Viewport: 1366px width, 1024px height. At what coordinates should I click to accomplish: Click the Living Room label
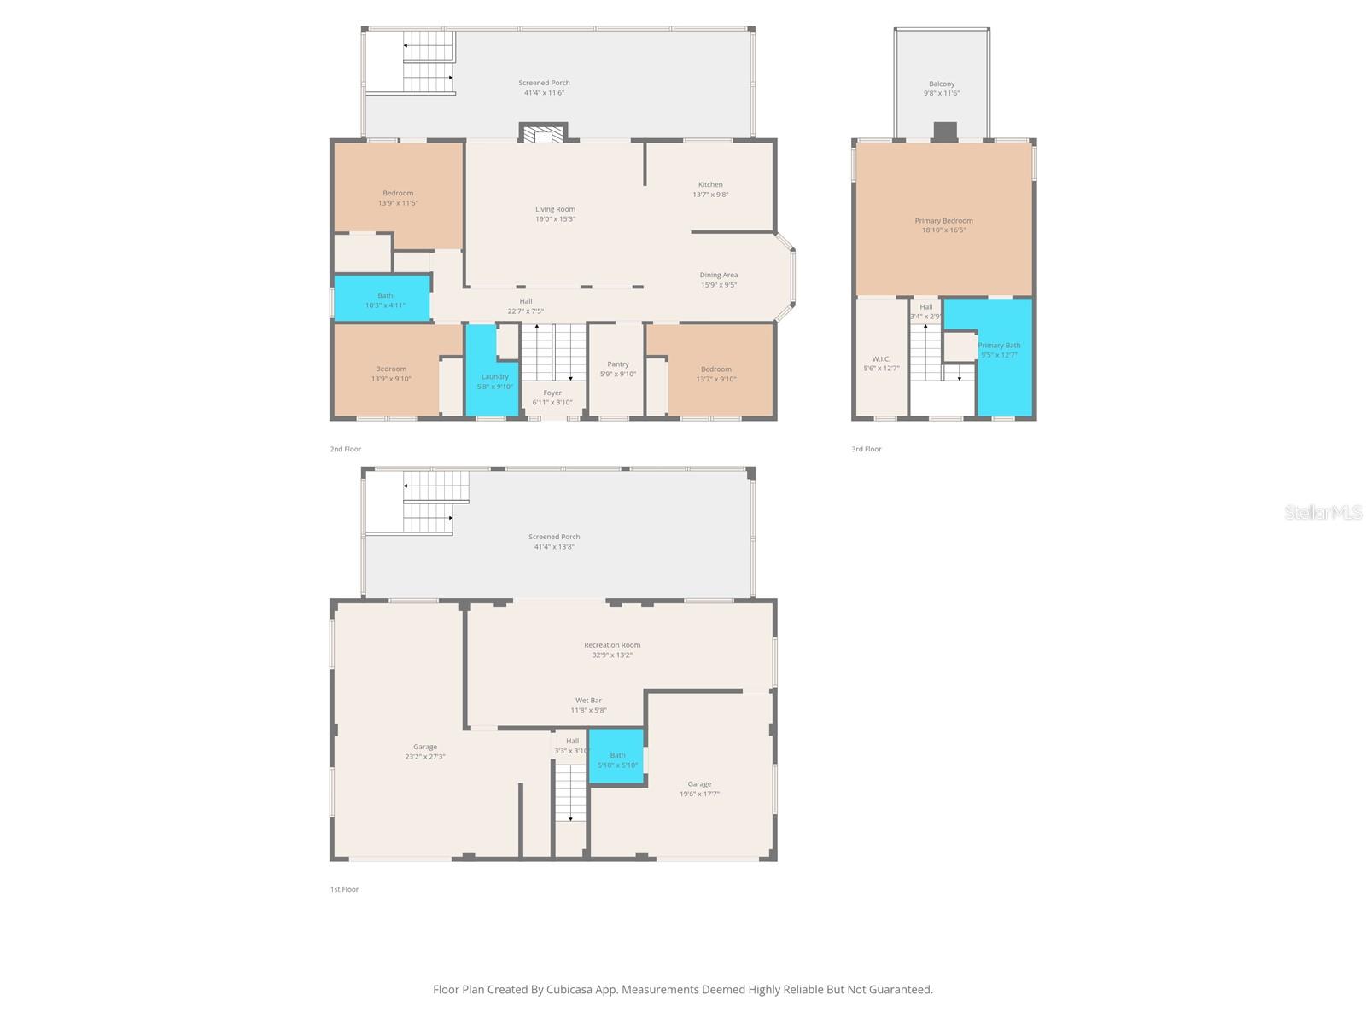(x=555, y=209)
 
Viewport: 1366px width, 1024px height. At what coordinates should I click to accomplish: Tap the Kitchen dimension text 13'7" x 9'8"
(x=710, y=195)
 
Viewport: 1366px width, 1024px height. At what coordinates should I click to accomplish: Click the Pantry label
(x=618, y=364)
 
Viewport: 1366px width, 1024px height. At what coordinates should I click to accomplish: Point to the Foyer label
(x=552, y=393)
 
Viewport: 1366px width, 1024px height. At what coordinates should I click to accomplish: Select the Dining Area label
(x=718, y=275)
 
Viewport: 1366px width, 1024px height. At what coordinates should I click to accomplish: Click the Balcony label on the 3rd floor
(x=942, y=84)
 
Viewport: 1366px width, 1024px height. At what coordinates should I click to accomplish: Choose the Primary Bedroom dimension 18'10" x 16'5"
(x=943, y=230)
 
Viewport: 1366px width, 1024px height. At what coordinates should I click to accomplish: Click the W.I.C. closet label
(x=881, y=359)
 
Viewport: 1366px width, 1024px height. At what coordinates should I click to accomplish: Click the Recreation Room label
(x=611, y=645)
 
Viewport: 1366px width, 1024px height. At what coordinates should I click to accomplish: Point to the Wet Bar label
(x=588, y=701)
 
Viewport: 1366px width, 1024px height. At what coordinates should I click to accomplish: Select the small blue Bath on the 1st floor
(x=616, y=757)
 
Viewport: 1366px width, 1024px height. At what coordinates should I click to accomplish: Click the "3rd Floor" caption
(x=866, y=449)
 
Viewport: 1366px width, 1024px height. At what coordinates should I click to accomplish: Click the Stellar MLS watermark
(x=1323, y=512)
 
